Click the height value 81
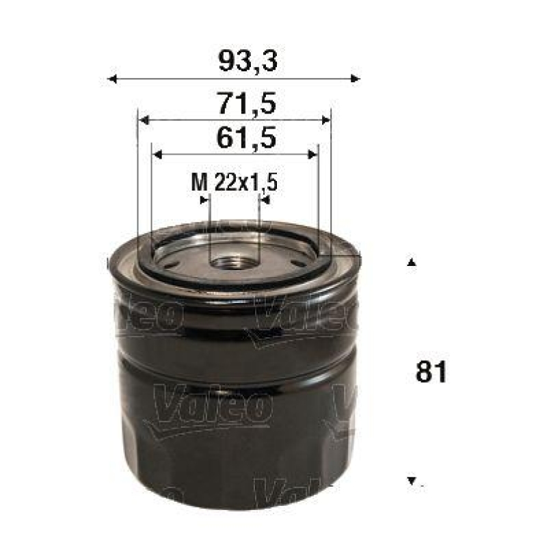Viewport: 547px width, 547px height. click(x=431, y=373)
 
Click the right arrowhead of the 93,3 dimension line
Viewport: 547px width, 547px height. click(x=355, y=79)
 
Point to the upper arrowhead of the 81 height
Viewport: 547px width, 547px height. click(x=411, y=263)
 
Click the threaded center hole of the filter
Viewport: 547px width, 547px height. click(x=235, y=261)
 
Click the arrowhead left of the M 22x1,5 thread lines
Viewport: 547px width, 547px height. click(x=204, y=200)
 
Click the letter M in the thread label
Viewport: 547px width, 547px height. click(x=198, y=183)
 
